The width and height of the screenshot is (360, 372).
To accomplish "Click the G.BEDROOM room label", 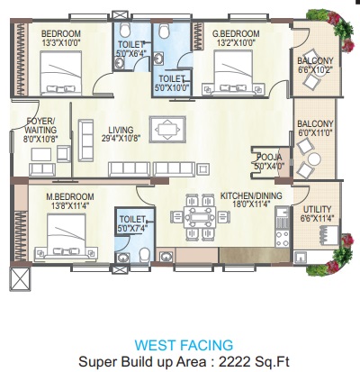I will [235, 33].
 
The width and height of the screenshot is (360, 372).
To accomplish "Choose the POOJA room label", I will [269, 157].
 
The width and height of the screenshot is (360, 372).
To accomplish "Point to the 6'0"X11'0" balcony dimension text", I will [315, 133].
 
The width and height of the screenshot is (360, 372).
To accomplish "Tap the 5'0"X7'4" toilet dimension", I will [131, 227].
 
